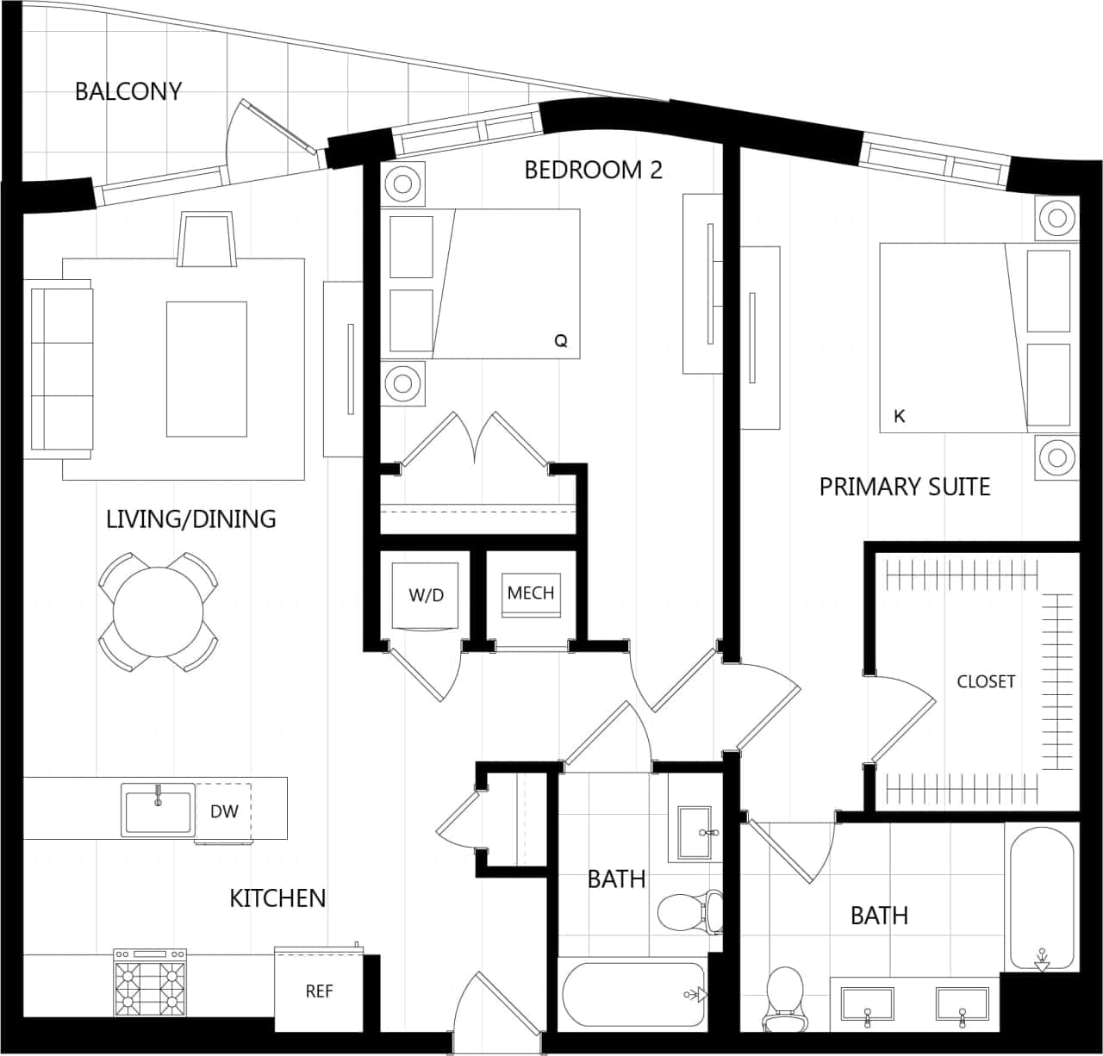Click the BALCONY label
pyautogui.click(x=128, y=91)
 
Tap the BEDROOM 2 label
pyautogui.click(x=593, y=170)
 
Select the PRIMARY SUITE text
pyautogui.click(x=904, y=487)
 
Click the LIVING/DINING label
pyautogui.click(x=190, y=519)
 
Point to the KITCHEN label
pyautogui.click(x=277, y=898)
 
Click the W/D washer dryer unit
pyautogui.click(x=427, y=595)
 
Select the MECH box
pyautogui.click(x=530, y=593)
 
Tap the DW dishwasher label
pyautogui.click(x=223, y=811)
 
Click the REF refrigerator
pyautogui.click(x=319, y=991)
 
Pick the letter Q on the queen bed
pyautogui.click(x=561, y=341)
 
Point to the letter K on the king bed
pyautogui.click(x=900, y=416)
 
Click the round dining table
pyautogui.click(x=158, y=612)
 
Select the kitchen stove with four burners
pyautogui.click(x=151, y=983)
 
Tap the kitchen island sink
pyautogui.click(x=159, y=811)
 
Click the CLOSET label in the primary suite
pyautogui.click(x=986, y=681)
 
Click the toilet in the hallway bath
pyautogui.click(x=687, y=910)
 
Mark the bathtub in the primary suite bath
pyautogui.click(x=1040, y=897)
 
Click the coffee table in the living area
pyautogui.click(x=207, y=369)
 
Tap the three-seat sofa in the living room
pyautogui.click(x=61, y=369)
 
